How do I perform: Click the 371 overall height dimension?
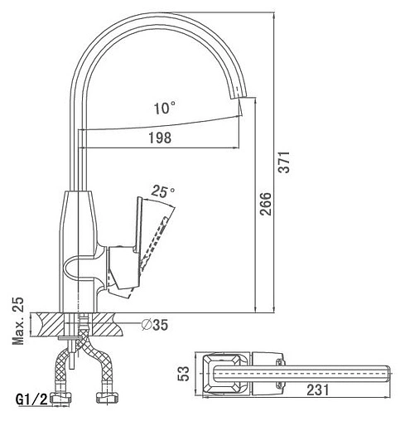[x=284, y=162]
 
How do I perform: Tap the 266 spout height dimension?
[x=266, y=204]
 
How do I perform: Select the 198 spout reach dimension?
[x=160, y=138]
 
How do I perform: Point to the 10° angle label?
[x=165, y=108]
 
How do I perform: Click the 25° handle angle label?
[x=163, y=191]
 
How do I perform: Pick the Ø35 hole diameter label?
[x=155, y=325]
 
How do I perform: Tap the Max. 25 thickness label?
[x=18, y=321]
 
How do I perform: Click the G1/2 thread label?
[x=31, y=399]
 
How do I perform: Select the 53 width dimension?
[x=184, y=374]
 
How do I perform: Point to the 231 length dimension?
[x=318, y=390]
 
